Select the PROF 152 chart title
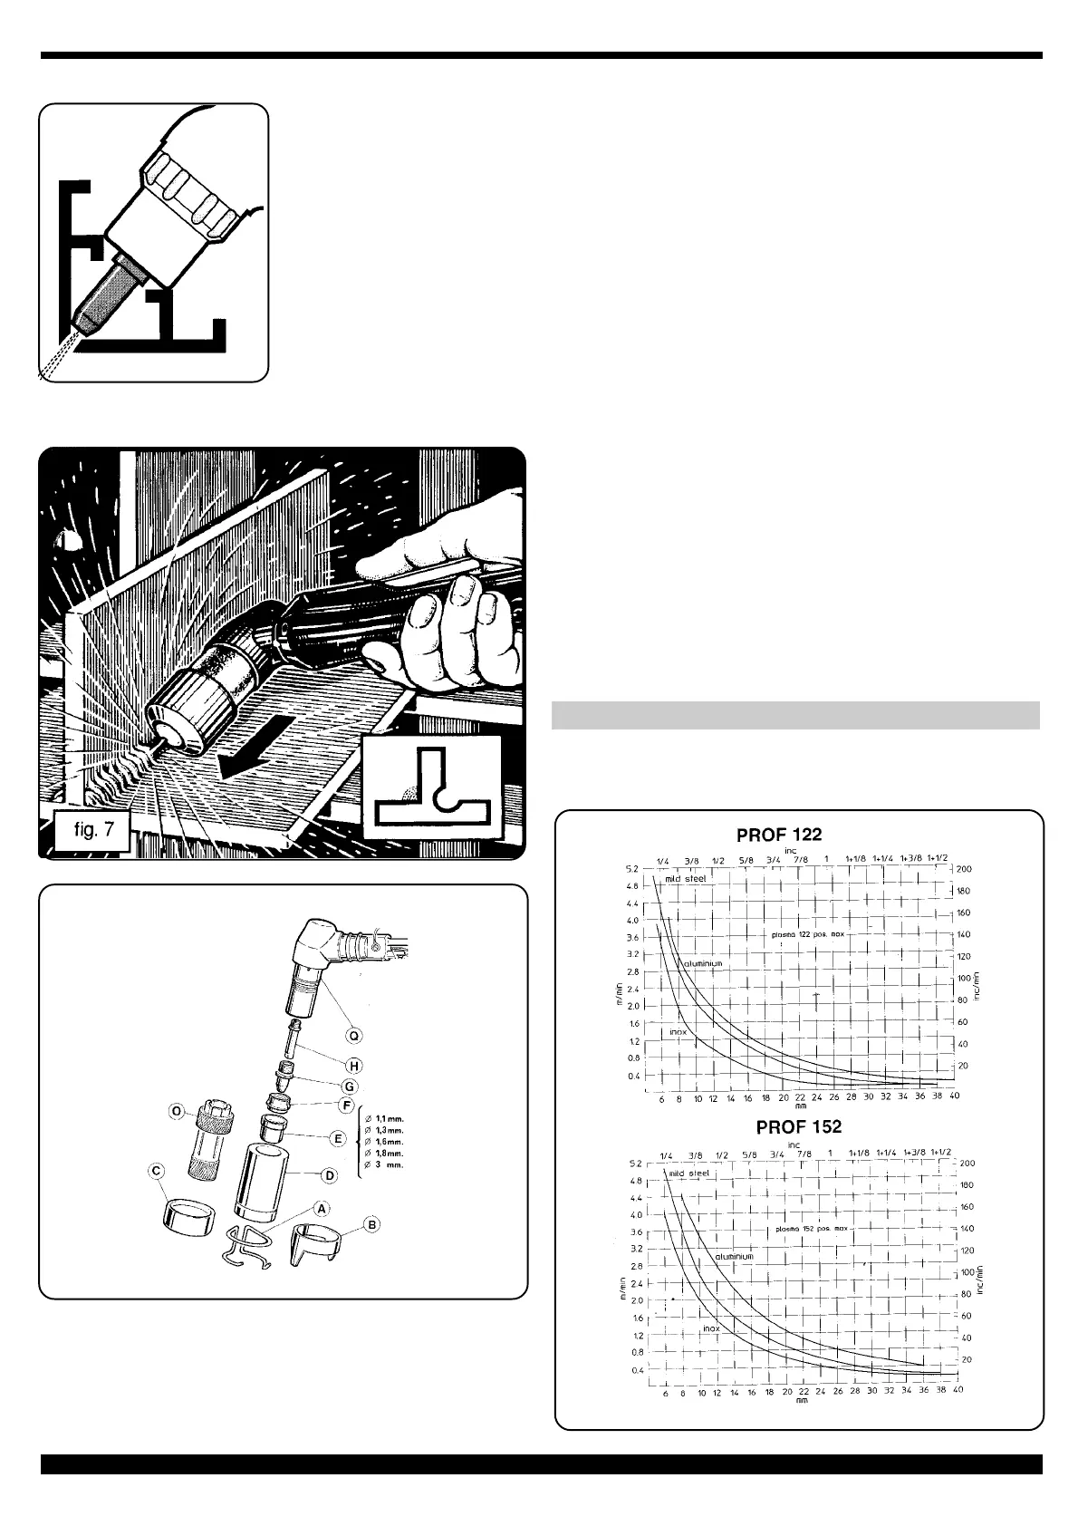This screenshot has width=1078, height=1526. point(799,1126)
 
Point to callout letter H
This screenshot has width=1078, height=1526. point(354,1066)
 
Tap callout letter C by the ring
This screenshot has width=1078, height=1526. point(157,1171)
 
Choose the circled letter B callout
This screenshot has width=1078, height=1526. point(371,1224)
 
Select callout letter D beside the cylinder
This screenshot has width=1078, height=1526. point(330,1175)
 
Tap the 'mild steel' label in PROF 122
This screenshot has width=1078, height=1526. point(679,878)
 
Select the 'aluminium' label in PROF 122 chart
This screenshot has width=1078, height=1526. point(703,963)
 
